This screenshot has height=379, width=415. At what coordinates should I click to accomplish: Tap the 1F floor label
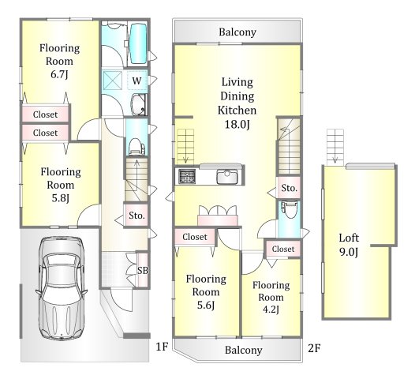tap(162, 347)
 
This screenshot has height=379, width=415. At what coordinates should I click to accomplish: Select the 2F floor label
tap(314, 348)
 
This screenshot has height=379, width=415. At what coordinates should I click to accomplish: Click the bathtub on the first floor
tap(138, 43)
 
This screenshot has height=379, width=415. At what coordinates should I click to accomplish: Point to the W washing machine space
tap(136, 81)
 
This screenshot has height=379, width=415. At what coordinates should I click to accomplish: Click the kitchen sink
tap(226, 176)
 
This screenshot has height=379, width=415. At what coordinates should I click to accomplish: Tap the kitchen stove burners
tap(187, 176)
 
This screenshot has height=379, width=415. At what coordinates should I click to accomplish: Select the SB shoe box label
tap(143, 270)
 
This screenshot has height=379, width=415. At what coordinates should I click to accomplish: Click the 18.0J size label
tap(237, 124)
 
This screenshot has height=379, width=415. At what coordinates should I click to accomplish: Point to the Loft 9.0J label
tap(349, 245)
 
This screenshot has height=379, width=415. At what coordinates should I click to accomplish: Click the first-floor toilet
tap(136, 146)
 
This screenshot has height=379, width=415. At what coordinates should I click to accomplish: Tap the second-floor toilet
tap(290, 209)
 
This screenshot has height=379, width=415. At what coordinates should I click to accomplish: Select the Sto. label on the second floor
tap(290, 188)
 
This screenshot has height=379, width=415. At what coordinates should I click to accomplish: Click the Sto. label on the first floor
tap(136, 216)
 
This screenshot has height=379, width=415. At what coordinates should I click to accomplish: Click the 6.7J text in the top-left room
tap(59, 74)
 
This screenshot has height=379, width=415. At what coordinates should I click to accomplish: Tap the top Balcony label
tap(237, 32)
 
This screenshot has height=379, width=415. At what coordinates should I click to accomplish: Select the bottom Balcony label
tap(244, 350)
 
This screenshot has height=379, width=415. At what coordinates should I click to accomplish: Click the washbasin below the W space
tap(139, 104)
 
